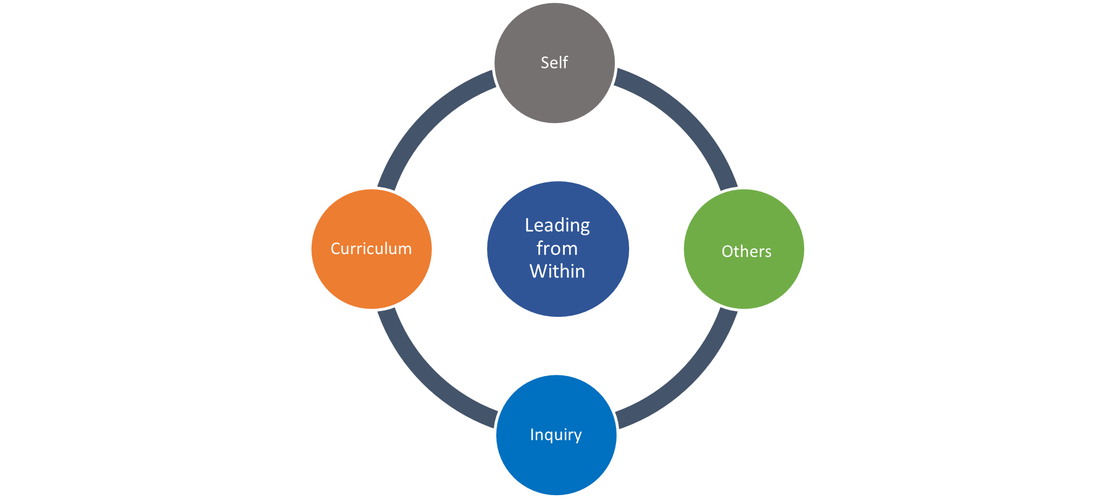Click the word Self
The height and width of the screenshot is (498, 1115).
[554, 62]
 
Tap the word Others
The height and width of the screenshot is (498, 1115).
[746, 251]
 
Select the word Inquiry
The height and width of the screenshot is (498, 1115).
[556, 435]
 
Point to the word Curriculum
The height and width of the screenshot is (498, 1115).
[371, 248]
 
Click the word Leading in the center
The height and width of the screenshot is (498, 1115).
[557, 226]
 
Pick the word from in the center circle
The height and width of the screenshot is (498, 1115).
[557, 248]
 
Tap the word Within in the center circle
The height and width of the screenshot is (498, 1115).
[557, 271]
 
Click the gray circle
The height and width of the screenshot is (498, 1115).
[555, 91]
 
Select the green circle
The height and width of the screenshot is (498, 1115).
[744, 279]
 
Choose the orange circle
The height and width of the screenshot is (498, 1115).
[371, 279]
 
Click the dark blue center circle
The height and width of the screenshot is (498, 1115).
[558, 296]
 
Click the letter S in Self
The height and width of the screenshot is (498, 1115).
[545, 62]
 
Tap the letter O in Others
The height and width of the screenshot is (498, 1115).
[727, 251]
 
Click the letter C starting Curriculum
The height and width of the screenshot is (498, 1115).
[335, 248]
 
